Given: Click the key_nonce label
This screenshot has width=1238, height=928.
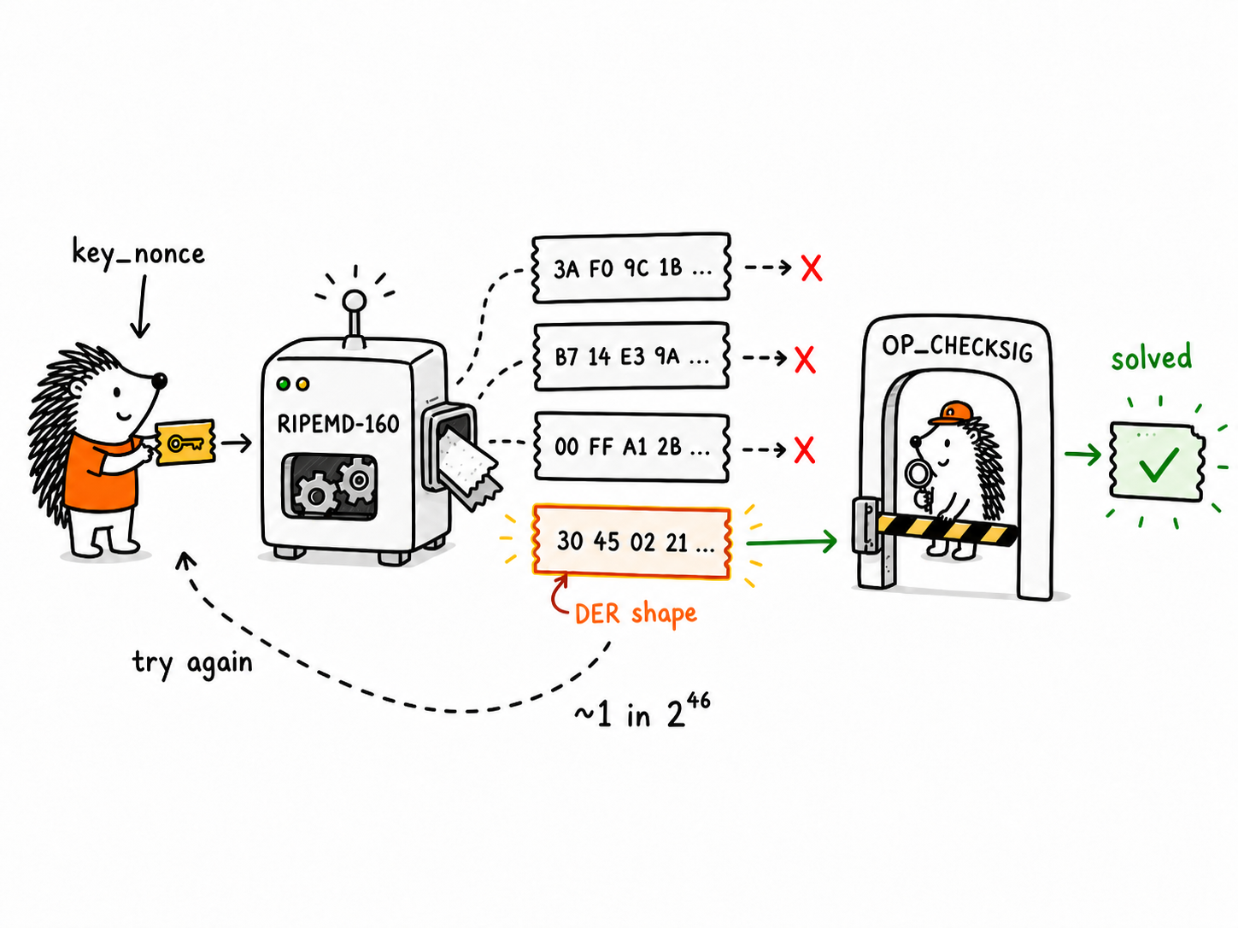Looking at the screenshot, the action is [138, 253].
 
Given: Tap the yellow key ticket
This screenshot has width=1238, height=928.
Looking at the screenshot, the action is [185, 443].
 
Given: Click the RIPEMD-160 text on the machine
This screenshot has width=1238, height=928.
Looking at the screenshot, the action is [337, 423].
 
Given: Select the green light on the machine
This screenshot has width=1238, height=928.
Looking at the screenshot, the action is [283, 385].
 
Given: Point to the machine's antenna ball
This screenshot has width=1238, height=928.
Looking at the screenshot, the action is [355, 302].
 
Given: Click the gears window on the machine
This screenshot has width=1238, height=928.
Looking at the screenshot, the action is [330, 486].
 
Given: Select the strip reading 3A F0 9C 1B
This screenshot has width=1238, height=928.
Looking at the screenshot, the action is [631, 268].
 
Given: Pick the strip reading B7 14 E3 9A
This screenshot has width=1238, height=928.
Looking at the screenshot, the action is [631, 356].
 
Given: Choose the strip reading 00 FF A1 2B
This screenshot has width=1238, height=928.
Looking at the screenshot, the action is [631, 447].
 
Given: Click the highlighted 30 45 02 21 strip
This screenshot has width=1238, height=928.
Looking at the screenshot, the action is [631, 542].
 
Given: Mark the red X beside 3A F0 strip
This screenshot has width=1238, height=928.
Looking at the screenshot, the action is [812, 268].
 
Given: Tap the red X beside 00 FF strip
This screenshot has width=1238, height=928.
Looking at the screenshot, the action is [805, 450].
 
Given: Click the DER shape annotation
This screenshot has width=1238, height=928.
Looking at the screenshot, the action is [636, 614].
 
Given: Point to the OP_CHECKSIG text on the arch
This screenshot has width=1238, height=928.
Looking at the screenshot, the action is [957, 347].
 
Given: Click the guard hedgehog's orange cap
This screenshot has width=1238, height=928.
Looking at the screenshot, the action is [952, 413].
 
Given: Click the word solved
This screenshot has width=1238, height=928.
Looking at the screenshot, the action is [1151, 356].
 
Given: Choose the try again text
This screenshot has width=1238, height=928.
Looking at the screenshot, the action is [192, 663].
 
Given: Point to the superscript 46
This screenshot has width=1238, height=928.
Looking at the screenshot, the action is [698, 702].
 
